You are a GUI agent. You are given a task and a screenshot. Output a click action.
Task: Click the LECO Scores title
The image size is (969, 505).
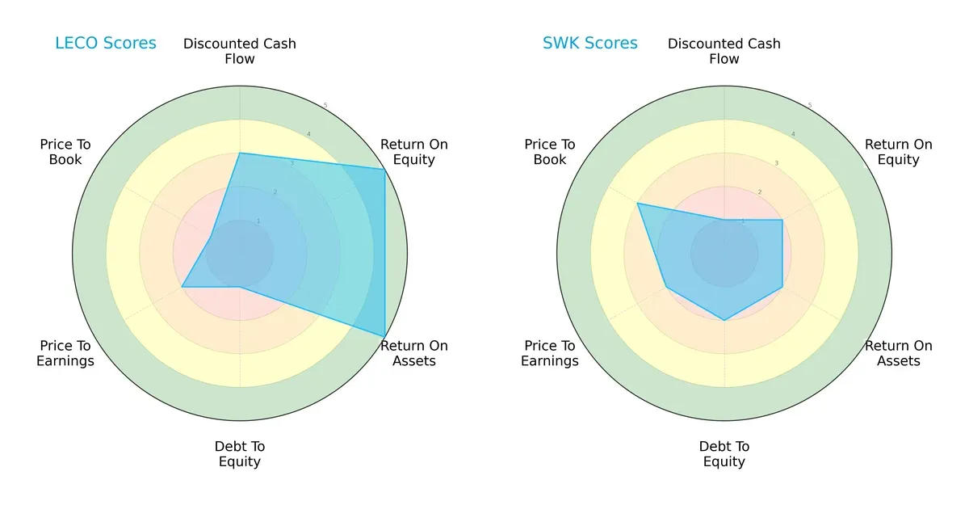click(106, 43)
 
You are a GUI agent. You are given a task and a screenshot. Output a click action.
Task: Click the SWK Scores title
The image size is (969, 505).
click(590, 43)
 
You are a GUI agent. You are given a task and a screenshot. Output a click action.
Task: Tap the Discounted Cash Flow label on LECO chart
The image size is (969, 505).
click(240, 51)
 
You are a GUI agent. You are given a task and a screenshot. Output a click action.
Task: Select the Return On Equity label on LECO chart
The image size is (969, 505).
click(414, 152)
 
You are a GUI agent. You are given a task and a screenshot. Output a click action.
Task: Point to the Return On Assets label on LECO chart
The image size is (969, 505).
click(414, 353)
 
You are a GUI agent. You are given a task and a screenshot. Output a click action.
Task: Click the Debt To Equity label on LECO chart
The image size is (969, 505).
click(240, 454)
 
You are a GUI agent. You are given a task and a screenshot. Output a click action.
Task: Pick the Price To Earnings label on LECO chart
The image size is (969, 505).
click(65, 353)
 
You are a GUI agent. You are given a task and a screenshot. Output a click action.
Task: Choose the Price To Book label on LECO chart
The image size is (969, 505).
click(65, 152)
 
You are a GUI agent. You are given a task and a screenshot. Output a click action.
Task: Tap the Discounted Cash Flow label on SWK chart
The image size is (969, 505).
click(724, 51)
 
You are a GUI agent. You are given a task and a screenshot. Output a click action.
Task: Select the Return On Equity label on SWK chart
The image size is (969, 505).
click(899, 152)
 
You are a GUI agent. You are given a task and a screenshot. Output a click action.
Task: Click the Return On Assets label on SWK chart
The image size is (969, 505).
click(899, 353)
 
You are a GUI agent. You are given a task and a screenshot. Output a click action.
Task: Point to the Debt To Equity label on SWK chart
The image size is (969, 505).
click(724, 454)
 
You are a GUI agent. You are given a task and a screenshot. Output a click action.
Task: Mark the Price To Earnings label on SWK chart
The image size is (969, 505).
click(550, 353)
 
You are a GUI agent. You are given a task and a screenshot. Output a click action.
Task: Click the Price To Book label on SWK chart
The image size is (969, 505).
click(550, 152)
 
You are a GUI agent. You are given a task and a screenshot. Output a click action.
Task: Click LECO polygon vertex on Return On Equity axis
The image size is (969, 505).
click(384, 169)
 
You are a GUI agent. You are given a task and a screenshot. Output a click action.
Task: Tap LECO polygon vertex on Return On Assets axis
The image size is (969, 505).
click(384, 336)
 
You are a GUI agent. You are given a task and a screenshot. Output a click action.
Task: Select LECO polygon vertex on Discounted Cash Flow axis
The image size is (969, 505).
click(240, 153)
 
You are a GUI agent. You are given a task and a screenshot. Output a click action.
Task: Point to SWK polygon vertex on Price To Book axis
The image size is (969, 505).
click(638, 204)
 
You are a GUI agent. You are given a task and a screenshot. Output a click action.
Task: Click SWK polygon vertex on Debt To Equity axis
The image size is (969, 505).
click(724, 320)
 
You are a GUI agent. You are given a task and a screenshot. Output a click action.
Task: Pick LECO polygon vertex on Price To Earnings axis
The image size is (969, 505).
click(182, 287)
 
